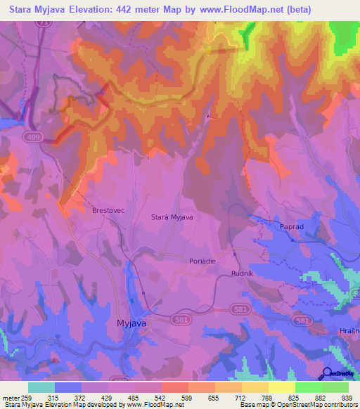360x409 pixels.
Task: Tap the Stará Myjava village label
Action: pos(172,217)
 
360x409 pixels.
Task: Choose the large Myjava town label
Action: pos(131,323)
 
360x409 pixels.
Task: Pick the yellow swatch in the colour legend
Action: pos(281,387)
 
